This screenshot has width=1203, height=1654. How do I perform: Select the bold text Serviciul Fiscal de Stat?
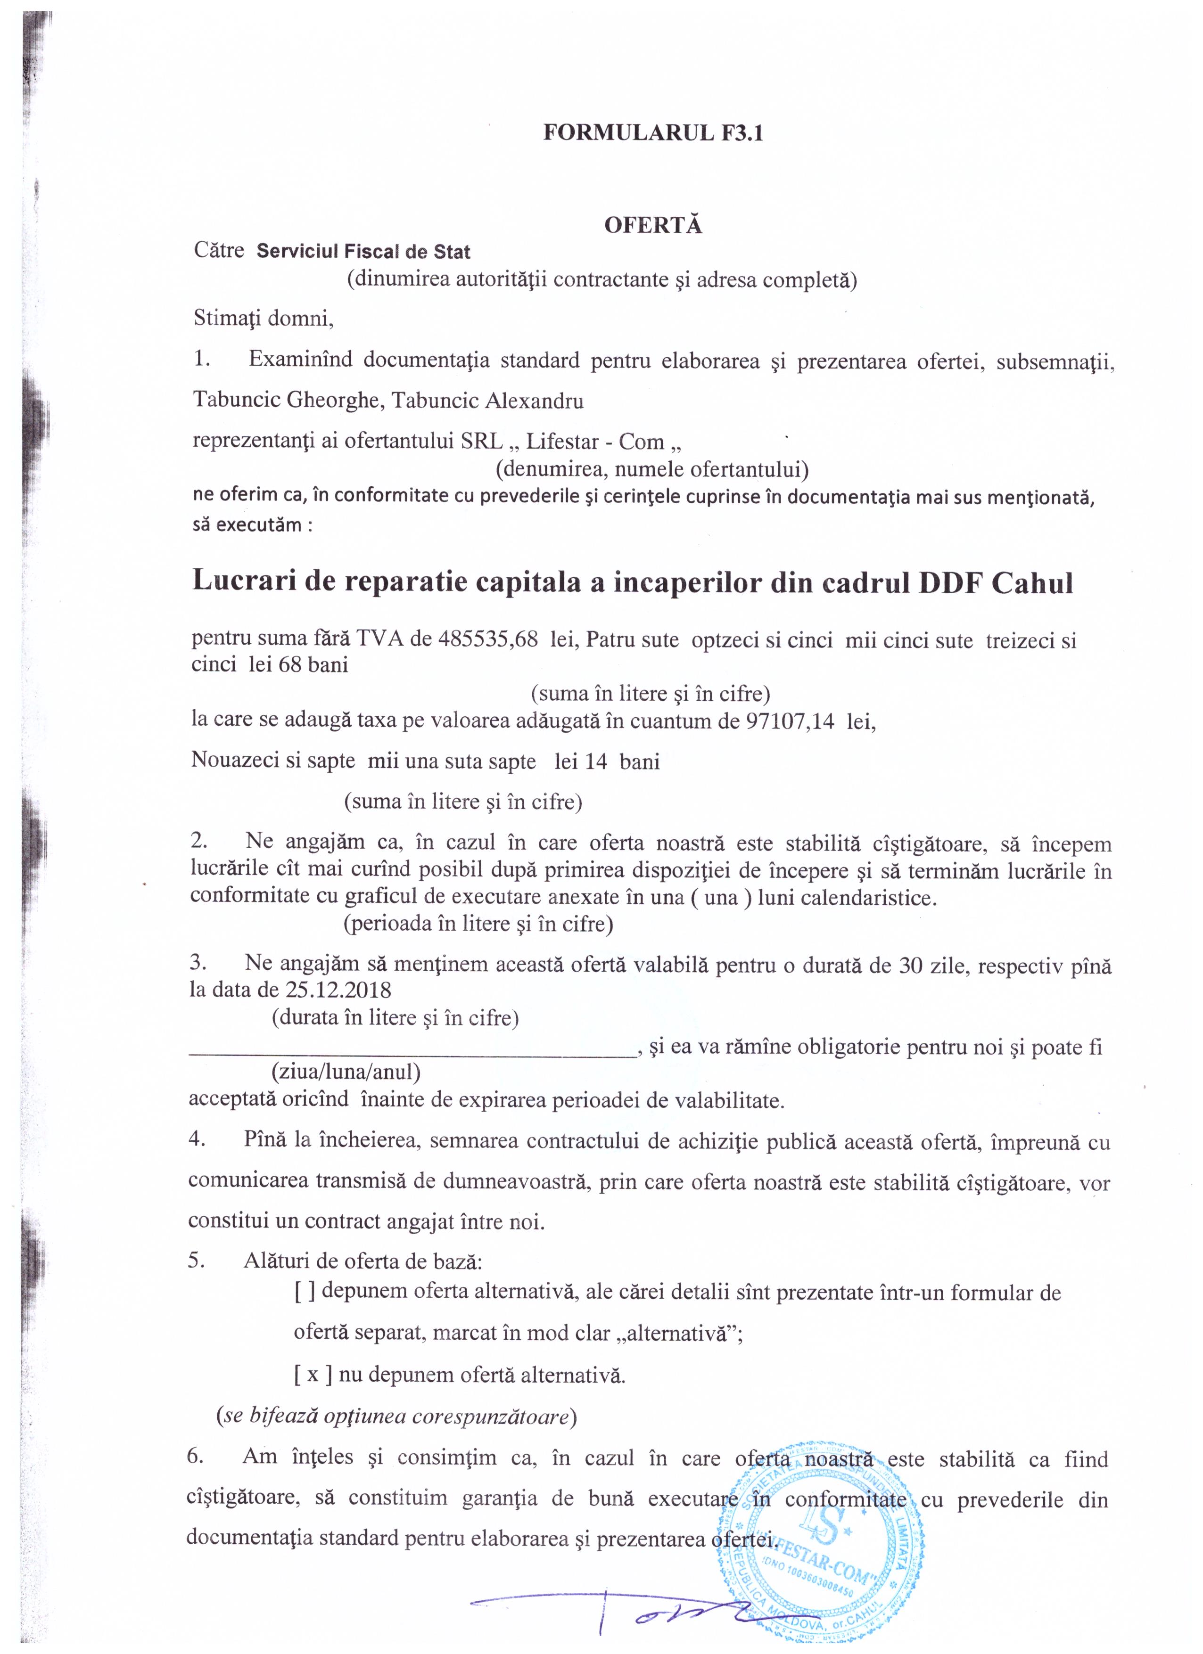(363, 252)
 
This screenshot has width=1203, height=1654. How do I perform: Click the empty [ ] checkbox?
(304, 1292)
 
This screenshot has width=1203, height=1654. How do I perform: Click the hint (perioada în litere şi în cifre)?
(478, 924)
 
